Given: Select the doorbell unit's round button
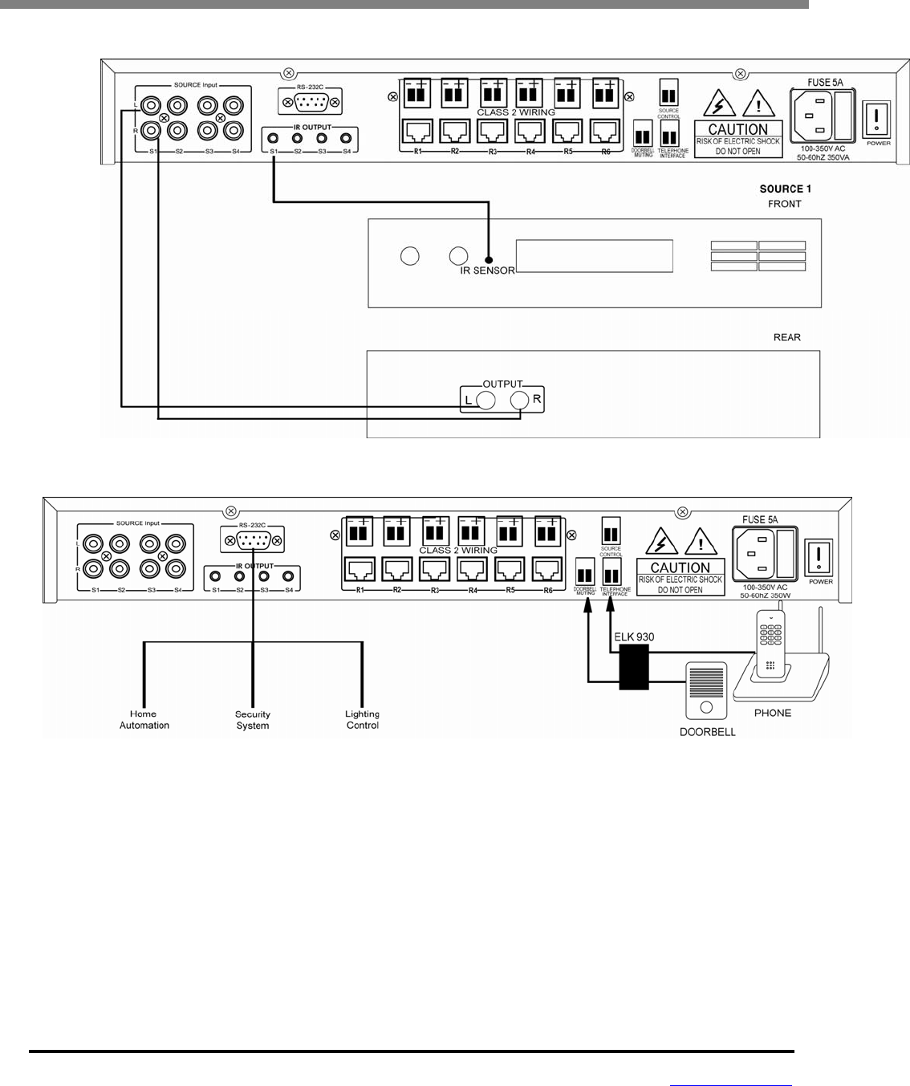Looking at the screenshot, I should pyautogui.click(x=707, y=707).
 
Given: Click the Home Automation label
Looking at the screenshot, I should pyautogui.click(x=144, y=719).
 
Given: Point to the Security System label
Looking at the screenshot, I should pyautogui.click(x=253, y=720).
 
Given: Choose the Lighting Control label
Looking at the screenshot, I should pyautogui.click(x=363, y=719).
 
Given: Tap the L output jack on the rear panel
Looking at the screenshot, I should pyautogui.click(x=485, y=401).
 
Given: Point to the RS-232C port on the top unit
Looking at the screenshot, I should pyautogui.click(x=309, y=102).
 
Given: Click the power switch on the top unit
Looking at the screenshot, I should pyautogui.click(x=876, y=118).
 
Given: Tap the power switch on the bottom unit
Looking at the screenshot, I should pyautogui.click(x=819, y=555).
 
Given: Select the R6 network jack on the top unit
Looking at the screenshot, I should pyautogui.click(x=604, y=131).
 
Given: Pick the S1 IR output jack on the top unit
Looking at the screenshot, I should pyautogui.click(x=274, y=138).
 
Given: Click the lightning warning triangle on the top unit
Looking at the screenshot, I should pyautogui.click(x=717, y=104).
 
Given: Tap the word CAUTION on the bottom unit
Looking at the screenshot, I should pyautogui.click(x=680, y=567).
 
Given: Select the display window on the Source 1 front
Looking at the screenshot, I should pyautogui.click(x=594, y=256).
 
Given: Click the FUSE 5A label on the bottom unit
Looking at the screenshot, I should pyautogui.click(x=760, y=519).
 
